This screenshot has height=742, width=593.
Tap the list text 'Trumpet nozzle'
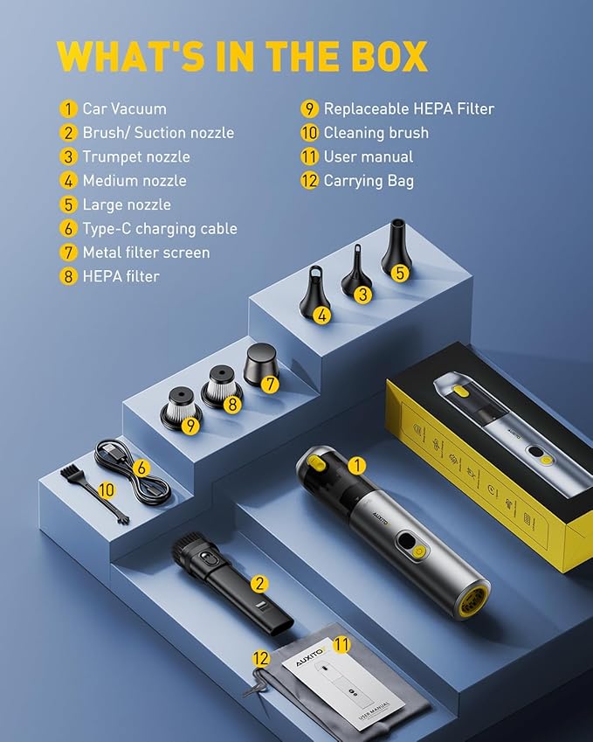[x=136, y=156]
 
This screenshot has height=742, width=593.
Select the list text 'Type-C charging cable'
[x=160, y=229]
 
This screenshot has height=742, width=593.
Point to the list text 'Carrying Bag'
[x=369, y=181]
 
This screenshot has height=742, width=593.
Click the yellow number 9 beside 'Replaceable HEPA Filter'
[x=309, y=109]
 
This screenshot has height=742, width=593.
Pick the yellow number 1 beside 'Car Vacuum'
[x=68, y=109]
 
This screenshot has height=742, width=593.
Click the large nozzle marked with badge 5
[x=395, y=248]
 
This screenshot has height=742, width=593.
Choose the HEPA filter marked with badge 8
[x=221, y=385]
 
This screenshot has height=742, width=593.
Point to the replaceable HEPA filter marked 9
[x=181, y=408]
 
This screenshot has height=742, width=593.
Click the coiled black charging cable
[x=131, y=473]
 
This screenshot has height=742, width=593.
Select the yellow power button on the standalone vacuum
[x=419, y=551]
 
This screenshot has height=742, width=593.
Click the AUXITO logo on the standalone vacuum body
[x=381, y=517]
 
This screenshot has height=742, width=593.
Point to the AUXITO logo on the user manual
[x=311, y=657]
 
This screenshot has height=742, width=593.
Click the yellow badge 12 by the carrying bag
[x=260, y=658]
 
